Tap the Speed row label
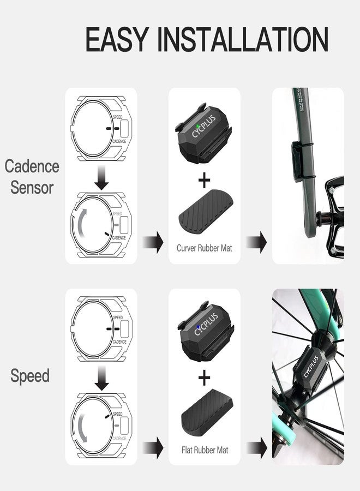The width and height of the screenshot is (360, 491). click(30, 376)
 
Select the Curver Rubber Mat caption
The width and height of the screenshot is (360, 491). click(204, 248)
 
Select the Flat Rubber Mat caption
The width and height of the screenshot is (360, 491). click(204, 451)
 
